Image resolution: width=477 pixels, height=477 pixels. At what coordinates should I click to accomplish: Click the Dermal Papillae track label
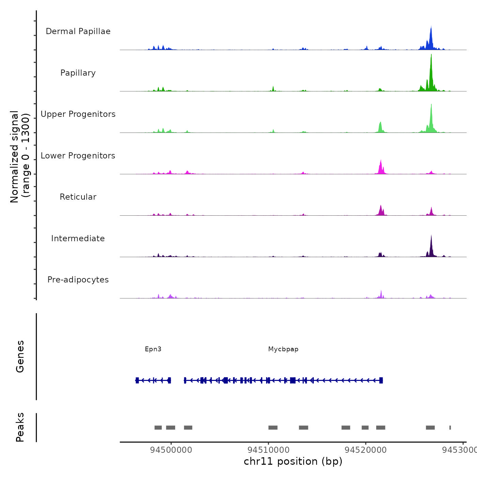point(78,31)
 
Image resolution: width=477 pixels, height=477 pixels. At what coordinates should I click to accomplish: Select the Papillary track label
point(78,73)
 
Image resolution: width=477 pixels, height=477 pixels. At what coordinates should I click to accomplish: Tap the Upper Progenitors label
point(78,114)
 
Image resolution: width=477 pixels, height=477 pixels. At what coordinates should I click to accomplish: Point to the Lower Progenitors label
point(78,156)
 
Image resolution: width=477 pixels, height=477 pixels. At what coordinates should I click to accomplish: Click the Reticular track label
point(78,197)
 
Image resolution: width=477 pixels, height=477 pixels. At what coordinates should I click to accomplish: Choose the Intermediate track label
point(78,238)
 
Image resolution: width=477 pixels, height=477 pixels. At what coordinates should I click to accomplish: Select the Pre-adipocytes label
point(78,280)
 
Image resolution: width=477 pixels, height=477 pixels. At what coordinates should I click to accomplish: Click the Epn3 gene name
point(153,349)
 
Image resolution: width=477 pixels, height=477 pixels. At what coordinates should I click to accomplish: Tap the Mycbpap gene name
point(283,349)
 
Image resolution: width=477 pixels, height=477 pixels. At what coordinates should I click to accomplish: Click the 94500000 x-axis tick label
point(171,450)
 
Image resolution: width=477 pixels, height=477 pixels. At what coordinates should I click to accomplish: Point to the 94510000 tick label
point(268,450)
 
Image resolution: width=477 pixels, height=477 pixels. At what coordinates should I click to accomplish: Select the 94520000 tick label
point(366,450)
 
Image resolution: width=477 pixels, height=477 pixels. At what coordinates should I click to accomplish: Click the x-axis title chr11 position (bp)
point(293,461)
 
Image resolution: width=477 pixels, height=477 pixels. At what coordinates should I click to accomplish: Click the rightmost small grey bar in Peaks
point(450,428)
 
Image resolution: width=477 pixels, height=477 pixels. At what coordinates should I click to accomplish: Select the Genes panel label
point(20,356)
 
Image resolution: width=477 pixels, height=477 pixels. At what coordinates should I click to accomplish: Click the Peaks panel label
point(20,427)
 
